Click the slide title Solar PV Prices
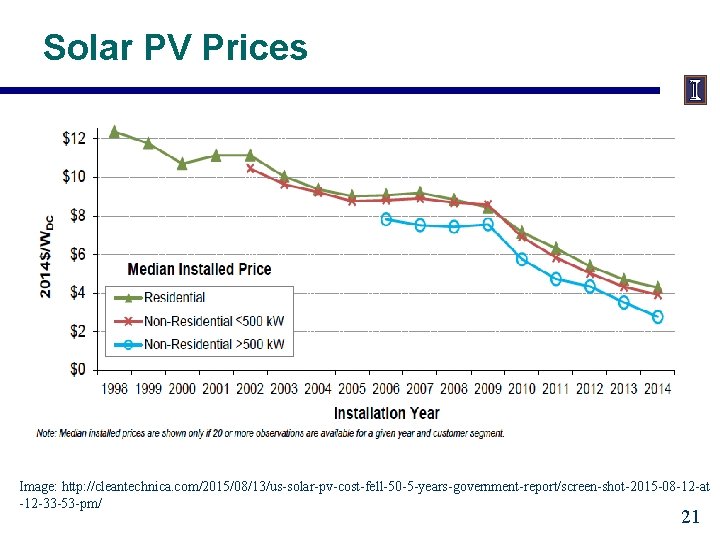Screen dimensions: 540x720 coord(176,47)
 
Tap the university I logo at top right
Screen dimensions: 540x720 coord(695,91)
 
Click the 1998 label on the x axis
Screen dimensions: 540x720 coord(115,388)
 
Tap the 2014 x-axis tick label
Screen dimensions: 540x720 coord(657,388)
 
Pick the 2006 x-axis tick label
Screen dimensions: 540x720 coord(386,388)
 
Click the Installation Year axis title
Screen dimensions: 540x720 coord(386,412)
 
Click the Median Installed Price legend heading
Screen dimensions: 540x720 coord(199,269)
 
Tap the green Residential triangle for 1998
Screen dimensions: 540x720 coord(114,131)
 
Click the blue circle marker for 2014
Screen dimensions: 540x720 coord(657,317)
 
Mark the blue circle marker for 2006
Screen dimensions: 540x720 coord(386,219)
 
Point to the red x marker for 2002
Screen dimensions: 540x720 coord(250,168)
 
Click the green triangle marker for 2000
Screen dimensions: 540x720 coord(182,163)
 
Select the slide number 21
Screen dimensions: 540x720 coord(689,517)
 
